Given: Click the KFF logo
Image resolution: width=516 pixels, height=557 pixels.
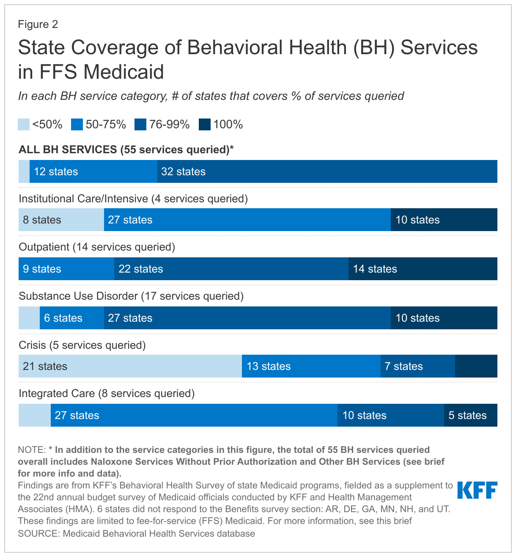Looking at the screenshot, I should click(x=477, y=491).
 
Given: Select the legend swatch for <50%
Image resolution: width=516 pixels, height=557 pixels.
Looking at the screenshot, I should click(x=24, y=124).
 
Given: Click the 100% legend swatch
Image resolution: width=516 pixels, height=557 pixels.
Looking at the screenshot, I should click(x=205, y=124).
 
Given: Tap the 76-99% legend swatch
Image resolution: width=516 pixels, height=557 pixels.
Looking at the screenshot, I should click(x=140, y=124).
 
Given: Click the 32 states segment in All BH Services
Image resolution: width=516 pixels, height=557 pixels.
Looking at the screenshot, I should click(x=327, y=171).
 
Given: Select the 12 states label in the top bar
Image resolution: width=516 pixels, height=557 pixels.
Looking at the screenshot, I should click(x=56, y=171).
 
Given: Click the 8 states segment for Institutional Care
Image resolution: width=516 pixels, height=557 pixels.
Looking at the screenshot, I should click(x=61, y=220).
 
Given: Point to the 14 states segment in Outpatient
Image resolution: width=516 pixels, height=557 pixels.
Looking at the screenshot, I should click(x=423, y=269).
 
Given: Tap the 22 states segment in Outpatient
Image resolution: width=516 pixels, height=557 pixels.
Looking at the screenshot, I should click(x=231, y=269).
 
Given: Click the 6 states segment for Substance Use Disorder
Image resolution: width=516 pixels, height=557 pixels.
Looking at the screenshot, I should click(x=71, y=318).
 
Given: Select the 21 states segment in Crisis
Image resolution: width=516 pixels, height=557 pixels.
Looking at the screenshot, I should click(x=130, y=366).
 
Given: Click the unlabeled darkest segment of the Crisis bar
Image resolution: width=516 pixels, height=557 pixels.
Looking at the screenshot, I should click(x=476, y=366).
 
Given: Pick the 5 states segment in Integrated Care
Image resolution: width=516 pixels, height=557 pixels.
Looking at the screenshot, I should click(x=470, y=415).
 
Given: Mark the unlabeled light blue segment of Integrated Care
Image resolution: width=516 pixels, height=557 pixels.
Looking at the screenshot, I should click(x=34, y=415).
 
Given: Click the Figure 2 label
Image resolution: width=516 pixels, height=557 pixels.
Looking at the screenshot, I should click(x=38, y=24).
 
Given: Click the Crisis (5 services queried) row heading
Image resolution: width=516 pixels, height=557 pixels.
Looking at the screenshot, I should click(x=82, y=345).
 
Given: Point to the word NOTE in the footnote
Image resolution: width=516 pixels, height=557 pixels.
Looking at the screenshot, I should click(x=31, y=449).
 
